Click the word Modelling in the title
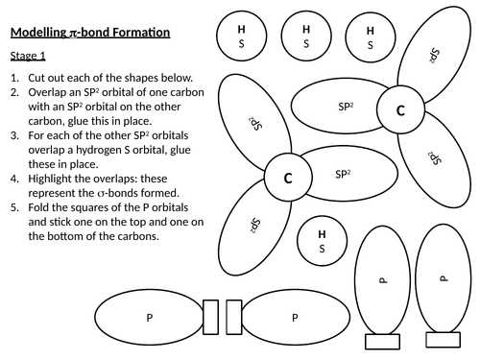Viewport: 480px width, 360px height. [38, 33]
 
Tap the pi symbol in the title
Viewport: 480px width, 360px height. [72, 34]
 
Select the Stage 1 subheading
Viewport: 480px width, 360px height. [28, 56]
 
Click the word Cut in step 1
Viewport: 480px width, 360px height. [37, 78]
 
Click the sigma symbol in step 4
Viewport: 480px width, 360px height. [100, 194]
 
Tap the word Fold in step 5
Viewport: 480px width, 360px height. [38, 207]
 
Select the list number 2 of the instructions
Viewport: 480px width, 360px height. [14, 92]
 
